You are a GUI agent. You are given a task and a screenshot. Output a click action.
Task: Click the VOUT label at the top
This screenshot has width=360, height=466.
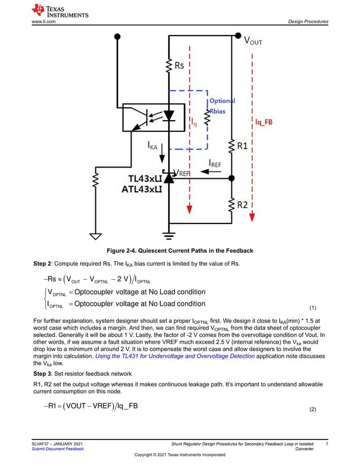(252, 41)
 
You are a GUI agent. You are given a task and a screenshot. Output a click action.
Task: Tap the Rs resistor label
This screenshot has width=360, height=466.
(179, 65)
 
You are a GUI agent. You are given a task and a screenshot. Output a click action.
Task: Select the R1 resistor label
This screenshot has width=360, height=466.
(242, 146)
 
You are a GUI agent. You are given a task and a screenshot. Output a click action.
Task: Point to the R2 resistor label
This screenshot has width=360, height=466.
(242, 205)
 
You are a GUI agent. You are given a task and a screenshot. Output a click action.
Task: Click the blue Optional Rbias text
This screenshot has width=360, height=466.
(222, 105)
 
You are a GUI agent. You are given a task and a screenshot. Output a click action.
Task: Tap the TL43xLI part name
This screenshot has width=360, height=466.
(141, 178)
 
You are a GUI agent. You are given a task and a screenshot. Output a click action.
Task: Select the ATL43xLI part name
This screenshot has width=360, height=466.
(142, 190)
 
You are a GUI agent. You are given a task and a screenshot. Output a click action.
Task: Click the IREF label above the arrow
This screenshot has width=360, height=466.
(215, 163)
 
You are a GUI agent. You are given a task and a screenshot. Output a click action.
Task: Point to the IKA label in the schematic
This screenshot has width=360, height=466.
(152, 146)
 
